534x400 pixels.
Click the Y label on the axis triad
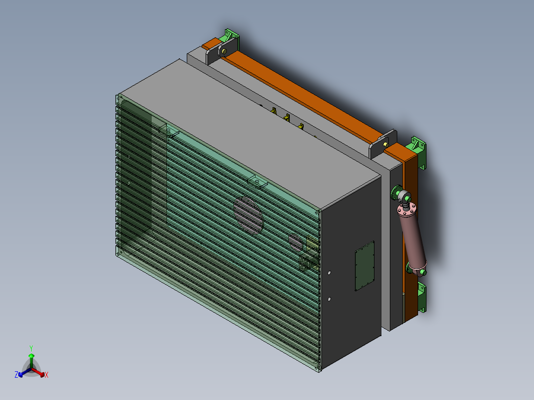(31, 348)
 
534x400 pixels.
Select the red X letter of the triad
(46, 375)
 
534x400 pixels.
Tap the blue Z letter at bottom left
(16, 375)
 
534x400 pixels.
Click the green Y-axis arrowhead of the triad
(31, 355)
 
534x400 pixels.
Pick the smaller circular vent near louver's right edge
(296, 242)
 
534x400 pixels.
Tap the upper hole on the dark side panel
(329, 273)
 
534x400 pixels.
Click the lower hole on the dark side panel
(329, 299)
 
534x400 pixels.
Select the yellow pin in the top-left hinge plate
(224, 50)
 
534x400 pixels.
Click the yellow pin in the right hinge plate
(385, 144)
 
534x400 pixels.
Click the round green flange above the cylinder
(397, 192)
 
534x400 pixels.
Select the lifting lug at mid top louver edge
(258, 182)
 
